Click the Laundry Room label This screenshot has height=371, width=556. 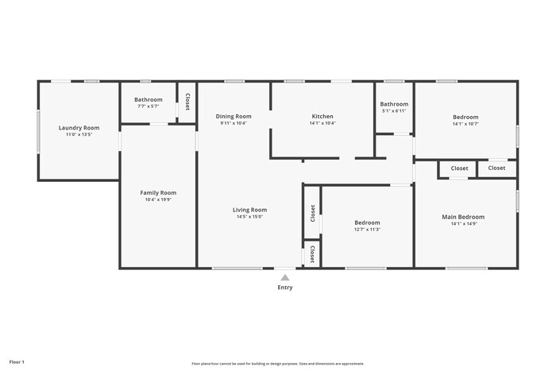79,127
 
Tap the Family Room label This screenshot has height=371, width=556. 158,192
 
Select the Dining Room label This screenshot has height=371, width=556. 234,116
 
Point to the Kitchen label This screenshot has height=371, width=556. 322,116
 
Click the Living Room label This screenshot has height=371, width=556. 249,209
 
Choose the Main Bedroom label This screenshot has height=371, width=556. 463,216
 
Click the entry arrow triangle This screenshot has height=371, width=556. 285,277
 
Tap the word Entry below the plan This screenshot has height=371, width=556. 285,288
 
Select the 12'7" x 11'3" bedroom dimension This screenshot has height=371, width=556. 367,230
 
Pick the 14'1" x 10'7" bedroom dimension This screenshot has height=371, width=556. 465,124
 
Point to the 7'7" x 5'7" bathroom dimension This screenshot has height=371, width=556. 148,106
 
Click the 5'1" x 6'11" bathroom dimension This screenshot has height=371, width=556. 394,111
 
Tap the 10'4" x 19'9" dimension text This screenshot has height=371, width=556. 158,200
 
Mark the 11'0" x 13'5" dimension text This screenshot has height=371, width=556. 79,134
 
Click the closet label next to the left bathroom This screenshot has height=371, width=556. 187,102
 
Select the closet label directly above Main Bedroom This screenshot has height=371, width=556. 459,168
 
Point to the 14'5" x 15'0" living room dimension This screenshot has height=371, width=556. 249,217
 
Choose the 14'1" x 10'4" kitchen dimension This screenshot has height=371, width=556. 322,123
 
